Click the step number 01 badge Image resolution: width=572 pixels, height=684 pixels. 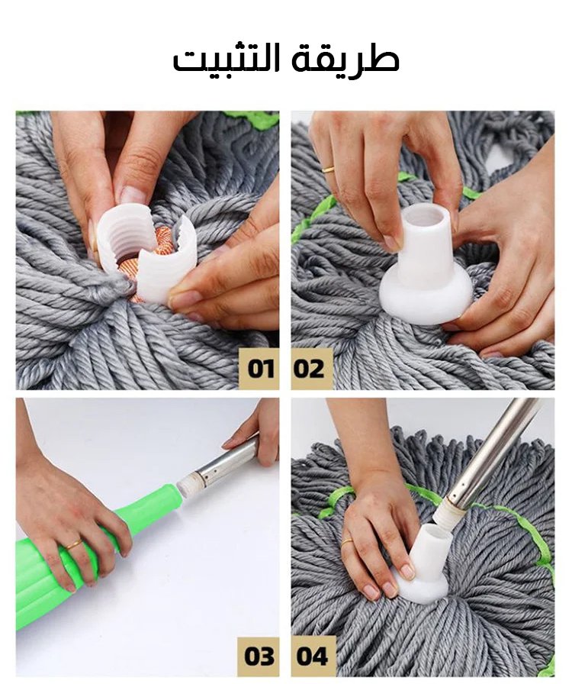(x=260, y=369)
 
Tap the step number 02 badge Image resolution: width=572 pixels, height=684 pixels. (x=310, y=369)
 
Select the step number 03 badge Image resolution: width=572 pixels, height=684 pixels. (x=260, y=656)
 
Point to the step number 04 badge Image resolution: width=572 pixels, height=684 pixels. (x=311, y=656)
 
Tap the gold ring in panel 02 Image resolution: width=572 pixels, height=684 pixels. (x=328, y=169)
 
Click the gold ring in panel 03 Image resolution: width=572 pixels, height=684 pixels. (x=74, y=544)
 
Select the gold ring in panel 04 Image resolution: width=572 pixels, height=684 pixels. (x=348, y=542)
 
